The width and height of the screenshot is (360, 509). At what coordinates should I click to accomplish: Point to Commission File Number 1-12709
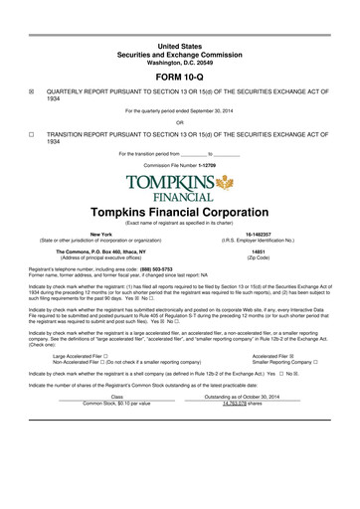click(179, 164)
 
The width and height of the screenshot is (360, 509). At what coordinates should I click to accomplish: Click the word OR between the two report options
click(180, 122)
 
